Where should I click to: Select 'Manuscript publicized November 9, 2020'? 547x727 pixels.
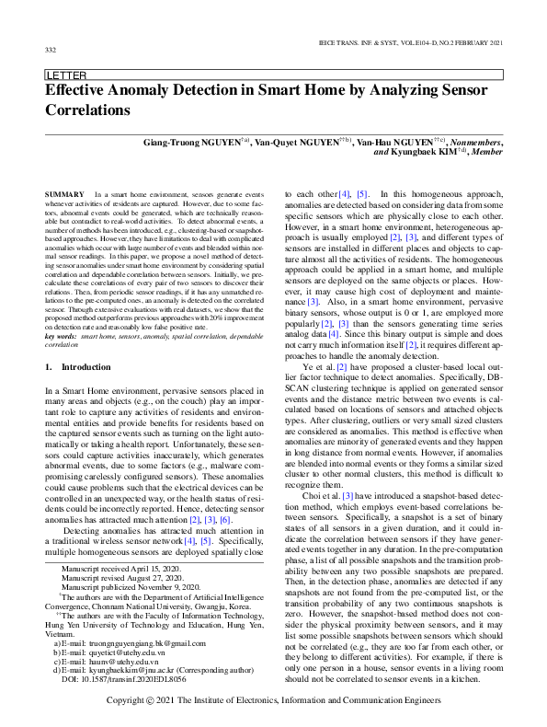click(x=126, y=590)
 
